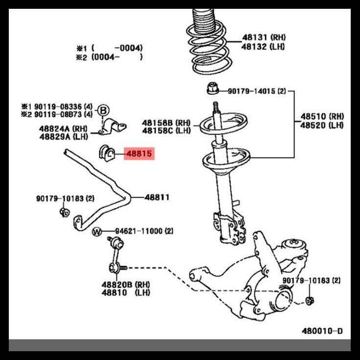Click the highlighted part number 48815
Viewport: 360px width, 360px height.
point(139,154)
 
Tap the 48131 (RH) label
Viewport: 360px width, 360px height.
point(264,37)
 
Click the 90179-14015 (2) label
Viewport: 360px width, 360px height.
point(257,91)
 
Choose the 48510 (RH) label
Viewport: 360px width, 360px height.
point(322,116)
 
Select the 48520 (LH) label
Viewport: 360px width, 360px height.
point(322,125)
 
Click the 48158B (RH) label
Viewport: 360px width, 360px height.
point(166,122)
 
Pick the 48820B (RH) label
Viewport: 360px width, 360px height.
point(126,284)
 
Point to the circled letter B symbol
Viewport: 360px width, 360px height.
point(103,111)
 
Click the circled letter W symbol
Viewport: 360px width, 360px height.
point(97,231)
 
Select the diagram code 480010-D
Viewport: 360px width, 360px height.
point(322,331)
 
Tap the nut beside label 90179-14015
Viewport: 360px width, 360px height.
point(213,90)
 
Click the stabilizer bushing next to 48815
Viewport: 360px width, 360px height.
point(107,154)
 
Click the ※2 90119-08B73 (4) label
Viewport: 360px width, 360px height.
point(56,114)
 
